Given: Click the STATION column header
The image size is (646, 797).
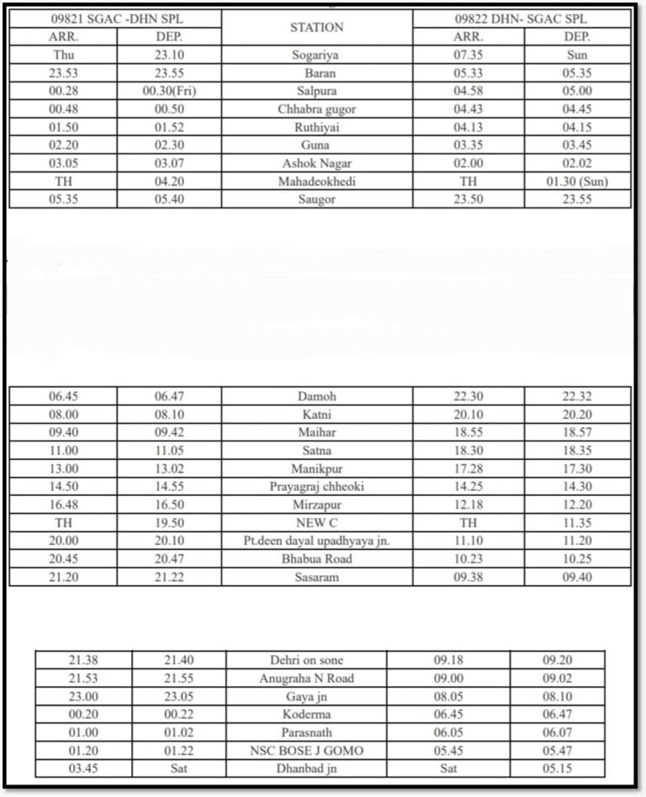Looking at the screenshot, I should [x=316, y=27].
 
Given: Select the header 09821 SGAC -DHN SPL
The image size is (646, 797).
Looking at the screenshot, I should [x=116, y=18].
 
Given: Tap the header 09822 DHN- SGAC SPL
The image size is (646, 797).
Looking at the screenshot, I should [x=522, y=18].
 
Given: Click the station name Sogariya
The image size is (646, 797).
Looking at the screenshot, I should [x=316, y=55].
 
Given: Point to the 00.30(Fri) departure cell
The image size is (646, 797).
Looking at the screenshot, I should [x=169, y=91].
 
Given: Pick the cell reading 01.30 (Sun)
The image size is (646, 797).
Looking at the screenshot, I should [x=576, y=181].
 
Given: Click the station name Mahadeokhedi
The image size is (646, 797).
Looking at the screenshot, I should [x=316, y=181].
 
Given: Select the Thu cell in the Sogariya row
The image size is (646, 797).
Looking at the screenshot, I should [x=63, y=55].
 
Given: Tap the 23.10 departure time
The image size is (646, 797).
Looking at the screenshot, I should [x=169, y=55].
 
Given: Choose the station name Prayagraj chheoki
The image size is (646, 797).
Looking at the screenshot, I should [x=316, y=487].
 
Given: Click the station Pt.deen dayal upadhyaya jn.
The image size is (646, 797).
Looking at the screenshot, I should [x=316, y=541].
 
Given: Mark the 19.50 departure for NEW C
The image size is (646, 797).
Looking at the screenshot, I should [x=169, y=523].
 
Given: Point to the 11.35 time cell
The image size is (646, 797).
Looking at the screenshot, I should [x=576, y=523].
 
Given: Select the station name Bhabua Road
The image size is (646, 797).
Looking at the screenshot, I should [x=316, y=559].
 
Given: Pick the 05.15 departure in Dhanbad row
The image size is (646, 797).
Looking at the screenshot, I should [x=556, y=768].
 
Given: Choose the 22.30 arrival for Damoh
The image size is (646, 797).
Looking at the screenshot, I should [x=468, y=396].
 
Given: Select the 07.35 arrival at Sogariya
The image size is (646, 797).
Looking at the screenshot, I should [x=468, y=55].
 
